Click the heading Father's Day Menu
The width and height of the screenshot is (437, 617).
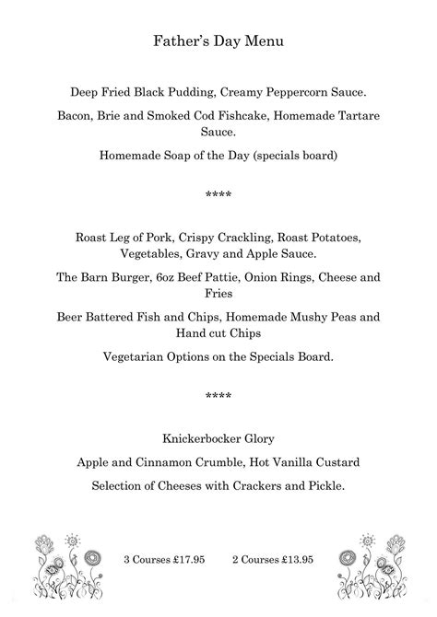tap(218, 41)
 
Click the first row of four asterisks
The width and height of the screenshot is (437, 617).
tap(218, 196)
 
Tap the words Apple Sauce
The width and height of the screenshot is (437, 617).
tap(288, 253)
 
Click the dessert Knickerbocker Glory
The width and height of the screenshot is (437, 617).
tap(218, 437)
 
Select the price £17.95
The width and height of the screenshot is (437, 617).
tap(183, 559)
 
